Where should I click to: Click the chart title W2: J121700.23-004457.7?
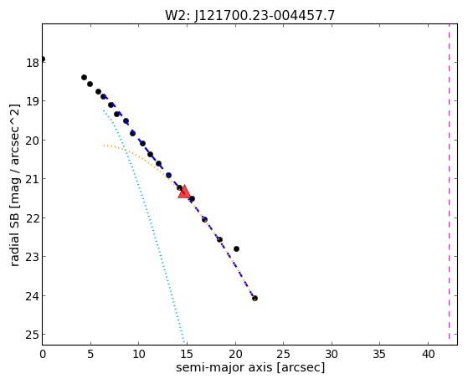pos(250,15)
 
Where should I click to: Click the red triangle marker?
pos(184,192)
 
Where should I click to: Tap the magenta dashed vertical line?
pos(449,182)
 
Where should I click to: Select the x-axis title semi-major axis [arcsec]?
pos(250,367)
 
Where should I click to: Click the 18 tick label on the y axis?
pos(33,63)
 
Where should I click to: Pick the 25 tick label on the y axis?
pos(33,335)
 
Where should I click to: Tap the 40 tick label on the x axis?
pos(428,355)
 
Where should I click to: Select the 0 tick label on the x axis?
pos(43,355)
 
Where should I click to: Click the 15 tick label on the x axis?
pos(187,355)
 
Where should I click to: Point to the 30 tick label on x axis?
pos(332,355)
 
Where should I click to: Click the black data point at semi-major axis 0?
pos(43,59)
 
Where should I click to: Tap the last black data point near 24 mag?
pos(255,298)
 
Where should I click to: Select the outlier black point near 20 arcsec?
pos(236,248)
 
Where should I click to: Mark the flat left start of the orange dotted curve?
pos(105,146)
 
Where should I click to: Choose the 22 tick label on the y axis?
pos(33,218)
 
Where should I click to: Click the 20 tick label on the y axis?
pos(33,141)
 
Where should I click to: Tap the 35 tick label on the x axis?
pos(379,355)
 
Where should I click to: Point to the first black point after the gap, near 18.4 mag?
pos(84,77)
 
